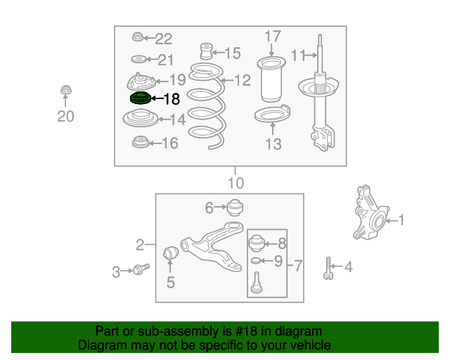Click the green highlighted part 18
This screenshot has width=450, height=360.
click(141, 98)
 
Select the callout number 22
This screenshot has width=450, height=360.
click(164, 39)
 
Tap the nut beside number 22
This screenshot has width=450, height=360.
click(138, 37)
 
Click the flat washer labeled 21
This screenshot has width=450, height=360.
click(139, 60)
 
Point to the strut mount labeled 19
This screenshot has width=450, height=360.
click(141, 82)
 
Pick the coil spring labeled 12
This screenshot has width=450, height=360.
click(207, 106)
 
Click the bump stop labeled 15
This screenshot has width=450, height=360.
click(206, 51)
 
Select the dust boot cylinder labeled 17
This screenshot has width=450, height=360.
click(271, 79)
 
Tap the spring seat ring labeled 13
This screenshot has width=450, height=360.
click(272, 114)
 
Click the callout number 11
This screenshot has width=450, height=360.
click(298, 55)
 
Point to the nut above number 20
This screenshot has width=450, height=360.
click(66, 90)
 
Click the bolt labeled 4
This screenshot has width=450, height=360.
click(328, 268)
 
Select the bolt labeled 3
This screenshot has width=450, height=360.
click(141, 269)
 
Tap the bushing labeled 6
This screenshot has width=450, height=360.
click(235, 207)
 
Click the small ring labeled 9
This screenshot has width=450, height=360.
click(255, 261)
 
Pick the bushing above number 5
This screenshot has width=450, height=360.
click(171, 252)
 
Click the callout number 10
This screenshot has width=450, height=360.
click(236, 183)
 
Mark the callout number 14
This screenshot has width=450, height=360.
click(178, 120)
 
